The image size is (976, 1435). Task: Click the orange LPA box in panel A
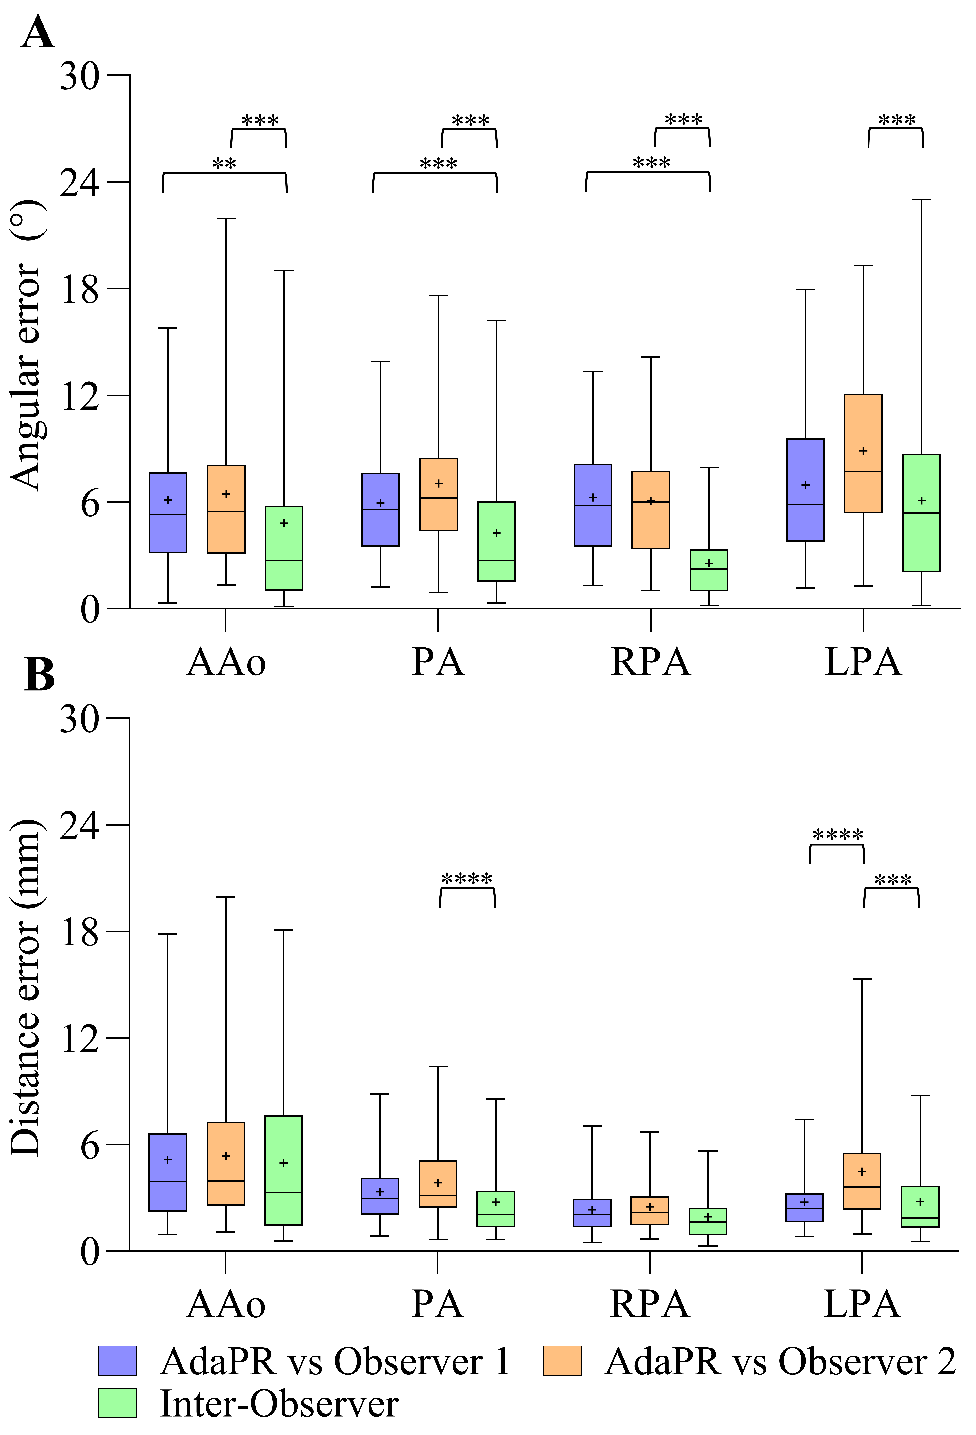(x=863, y=453)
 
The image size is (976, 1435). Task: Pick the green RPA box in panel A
(x=709, y=570)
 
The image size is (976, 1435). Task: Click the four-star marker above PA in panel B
(x=467, y=879)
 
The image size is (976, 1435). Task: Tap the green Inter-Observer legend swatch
(x=117, y=1403)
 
